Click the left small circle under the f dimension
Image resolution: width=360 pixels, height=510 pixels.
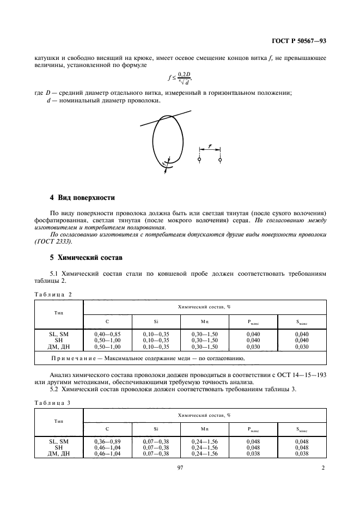pyautogui.click(x=200, y=160)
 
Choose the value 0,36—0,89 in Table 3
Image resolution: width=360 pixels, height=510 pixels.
pyautogui.click(x=107, y=441)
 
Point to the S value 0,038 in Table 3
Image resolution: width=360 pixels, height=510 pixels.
pyautogui.click(x=302, y=453)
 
